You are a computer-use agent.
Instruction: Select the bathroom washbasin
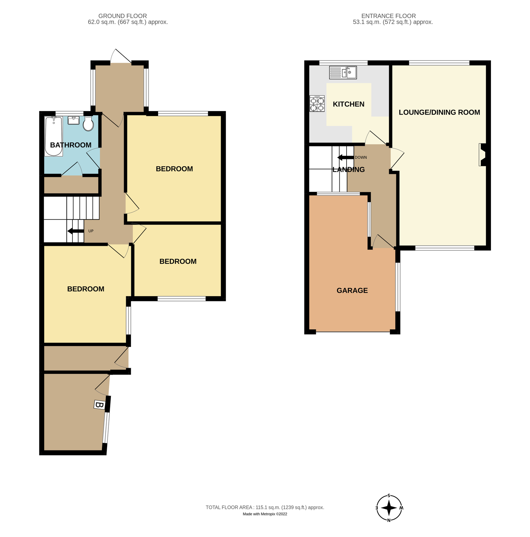click(74, 120)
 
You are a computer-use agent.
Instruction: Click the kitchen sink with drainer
click(343, 72)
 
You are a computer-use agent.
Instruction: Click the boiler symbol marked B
click(99, 405)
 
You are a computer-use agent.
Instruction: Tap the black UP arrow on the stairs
click(75, 231)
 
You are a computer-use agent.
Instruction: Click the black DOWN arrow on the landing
click(345, 158)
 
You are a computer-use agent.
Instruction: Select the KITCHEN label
click(348, 104)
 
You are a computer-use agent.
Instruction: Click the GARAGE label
click(352, 290)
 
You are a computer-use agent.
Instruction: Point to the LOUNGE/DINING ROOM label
click(439, 112)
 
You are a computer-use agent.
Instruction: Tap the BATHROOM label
click(71, 145)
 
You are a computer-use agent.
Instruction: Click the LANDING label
click(348, 169)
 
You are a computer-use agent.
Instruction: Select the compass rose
click(389, 508)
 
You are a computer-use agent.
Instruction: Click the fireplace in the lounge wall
click(482, 155)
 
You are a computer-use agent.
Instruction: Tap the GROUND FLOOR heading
click(123, 16)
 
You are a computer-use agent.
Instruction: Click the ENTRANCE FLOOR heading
click(388, 16)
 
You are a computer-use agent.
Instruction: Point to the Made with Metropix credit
click(265, 514)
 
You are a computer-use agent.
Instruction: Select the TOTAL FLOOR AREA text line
click(265, 507)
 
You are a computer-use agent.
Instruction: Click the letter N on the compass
click(389, 520)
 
